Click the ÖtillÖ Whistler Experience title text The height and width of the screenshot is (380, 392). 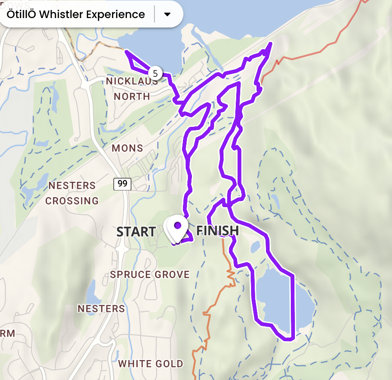[x=76, y=14]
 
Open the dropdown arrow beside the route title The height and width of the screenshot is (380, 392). [x=167, y=14]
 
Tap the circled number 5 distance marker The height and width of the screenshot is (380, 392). [x=155, y=73]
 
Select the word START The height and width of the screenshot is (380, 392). [x=136, y=232]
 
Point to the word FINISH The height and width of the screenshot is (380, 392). [x=217, y=231]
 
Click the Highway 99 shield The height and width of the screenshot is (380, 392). [x=121, y=184]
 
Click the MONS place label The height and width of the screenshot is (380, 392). [x=127, y=148]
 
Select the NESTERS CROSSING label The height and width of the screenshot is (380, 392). [x=72, y=193]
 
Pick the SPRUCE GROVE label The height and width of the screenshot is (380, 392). [x=150, y=274]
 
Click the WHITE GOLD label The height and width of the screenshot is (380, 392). [x=151, y=364]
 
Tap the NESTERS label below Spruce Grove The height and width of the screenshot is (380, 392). [x=101, y=309]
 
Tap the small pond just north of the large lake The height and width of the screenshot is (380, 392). [x=255, y=246]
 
